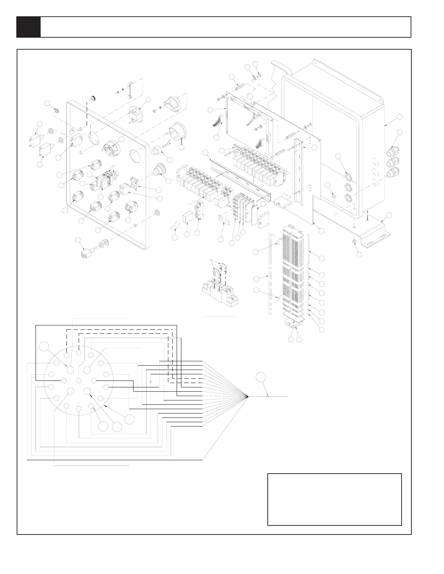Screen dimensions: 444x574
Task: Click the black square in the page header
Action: pos(28,27)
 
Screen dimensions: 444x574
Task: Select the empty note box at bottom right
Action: pos(334,499)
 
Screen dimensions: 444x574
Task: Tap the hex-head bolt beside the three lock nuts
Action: pos(334,198)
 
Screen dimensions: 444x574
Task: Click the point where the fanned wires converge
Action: pos(247,396)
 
